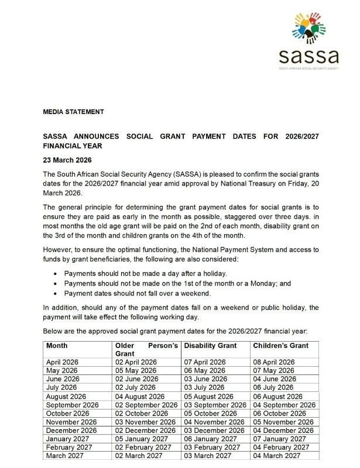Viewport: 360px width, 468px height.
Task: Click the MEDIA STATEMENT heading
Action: point(74,111)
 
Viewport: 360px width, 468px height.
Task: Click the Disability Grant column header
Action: point(211,346)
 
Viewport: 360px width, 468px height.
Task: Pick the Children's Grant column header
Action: point(281,346)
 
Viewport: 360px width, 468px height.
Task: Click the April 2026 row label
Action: point(63,363)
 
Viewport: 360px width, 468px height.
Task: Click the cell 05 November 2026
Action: point(284,422)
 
